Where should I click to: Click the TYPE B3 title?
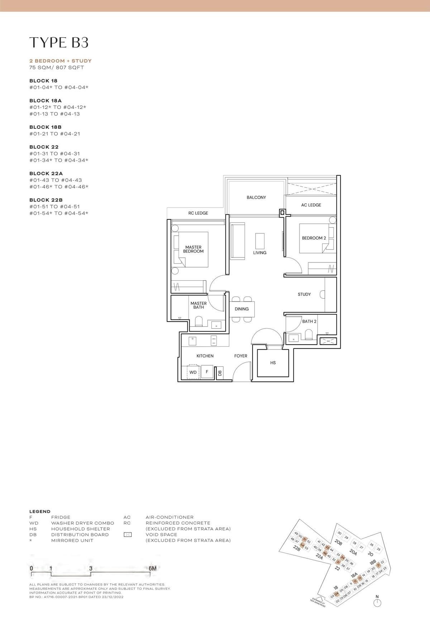(59, 42)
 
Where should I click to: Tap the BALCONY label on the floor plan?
(256, 198)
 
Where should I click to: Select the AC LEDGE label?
(311, 205)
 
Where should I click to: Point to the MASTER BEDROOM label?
(193, 249)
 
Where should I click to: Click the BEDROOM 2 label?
(314, 238)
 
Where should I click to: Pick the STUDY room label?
(304, 294)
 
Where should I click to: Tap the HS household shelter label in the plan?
(273, 363)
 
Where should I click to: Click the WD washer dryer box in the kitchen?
(193, 372)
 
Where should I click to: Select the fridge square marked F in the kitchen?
(207, 372)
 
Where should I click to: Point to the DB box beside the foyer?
(220, 373)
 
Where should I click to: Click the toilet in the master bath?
(199, 321)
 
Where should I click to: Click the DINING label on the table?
(242, 309)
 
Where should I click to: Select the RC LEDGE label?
(198, 213)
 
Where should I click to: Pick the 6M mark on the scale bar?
(152, 568)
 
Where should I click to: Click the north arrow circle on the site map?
(377, 603)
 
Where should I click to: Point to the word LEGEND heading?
(40, 512)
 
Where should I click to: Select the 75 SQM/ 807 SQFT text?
(57, 67)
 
